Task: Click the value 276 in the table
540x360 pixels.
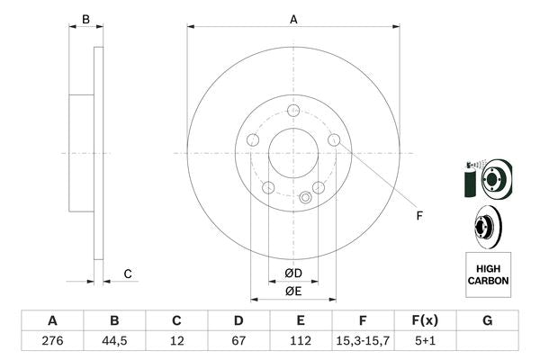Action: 52,342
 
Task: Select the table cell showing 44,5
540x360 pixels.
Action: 114,342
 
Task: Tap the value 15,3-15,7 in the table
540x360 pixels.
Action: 363,342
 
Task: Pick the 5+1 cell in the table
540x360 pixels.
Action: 425,342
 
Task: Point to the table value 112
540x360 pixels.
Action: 301,342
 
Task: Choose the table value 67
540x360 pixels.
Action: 238,342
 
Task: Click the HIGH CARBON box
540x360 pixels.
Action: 488,274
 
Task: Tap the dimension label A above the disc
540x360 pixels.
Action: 293,18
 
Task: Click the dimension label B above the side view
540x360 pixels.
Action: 86,18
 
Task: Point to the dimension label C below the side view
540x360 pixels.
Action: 128,274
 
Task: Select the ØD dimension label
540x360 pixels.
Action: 293,273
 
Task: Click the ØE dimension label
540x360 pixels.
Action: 293,291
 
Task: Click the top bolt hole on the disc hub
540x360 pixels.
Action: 293,111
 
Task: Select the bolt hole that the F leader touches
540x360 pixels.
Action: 334,140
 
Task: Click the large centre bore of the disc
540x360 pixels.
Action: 293,153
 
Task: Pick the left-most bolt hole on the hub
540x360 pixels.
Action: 253,140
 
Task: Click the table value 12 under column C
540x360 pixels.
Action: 176,342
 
